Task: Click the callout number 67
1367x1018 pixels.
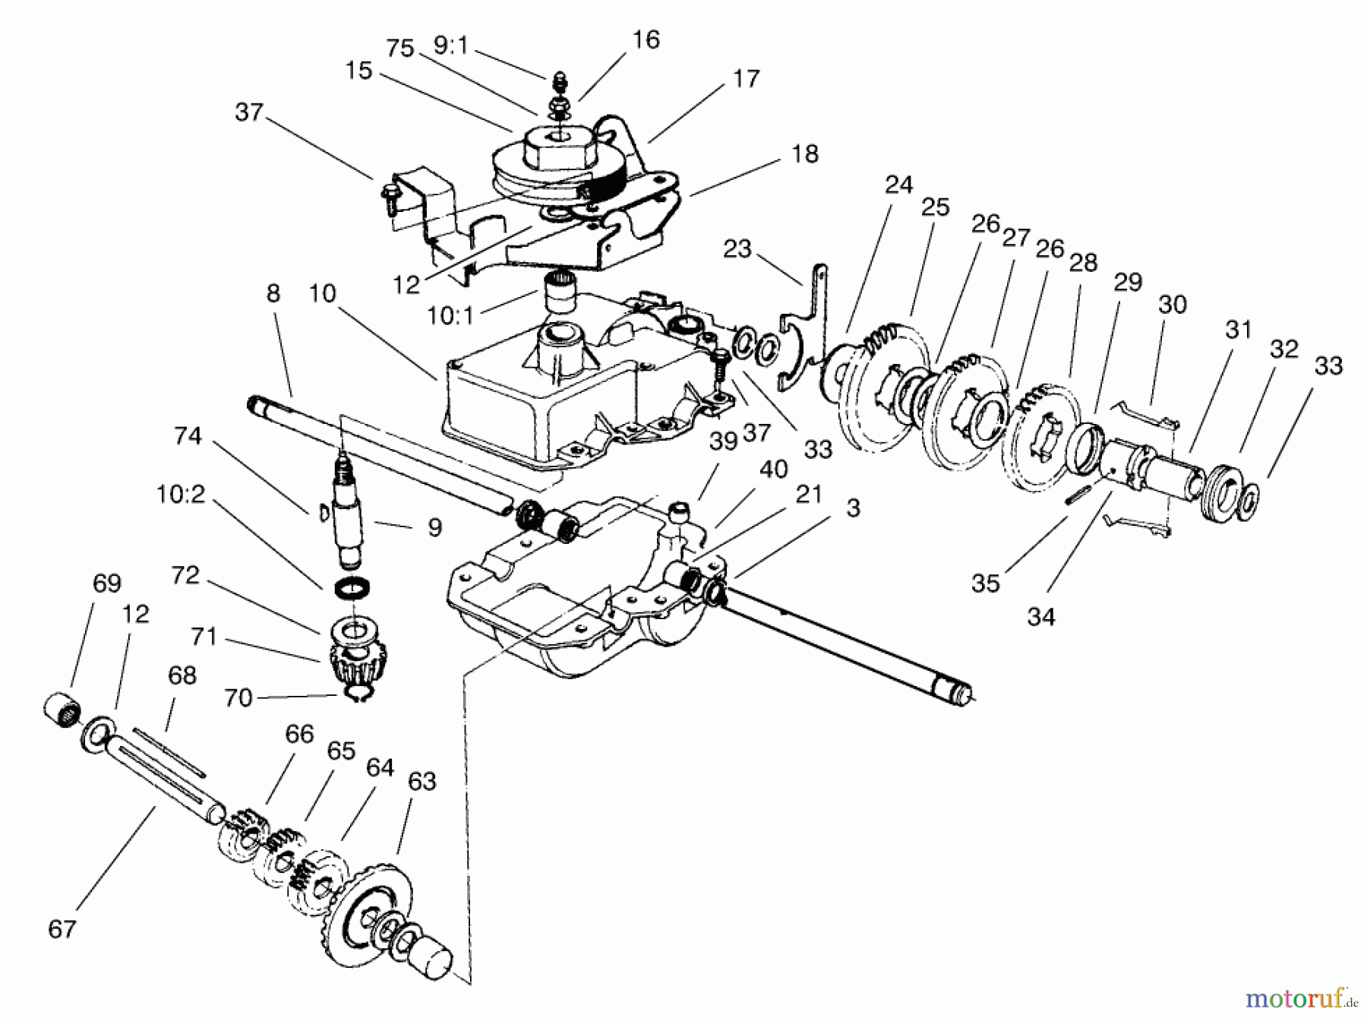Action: tap(62, 928)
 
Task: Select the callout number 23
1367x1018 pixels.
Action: tap(737, 248)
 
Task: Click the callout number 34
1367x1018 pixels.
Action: tap(1041, 616)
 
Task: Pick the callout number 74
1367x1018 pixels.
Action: tap(188, 435)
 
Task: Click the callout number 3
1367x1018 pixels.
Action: tap(853, 507)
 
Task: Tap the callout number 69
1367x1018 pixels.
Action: tap(106, 583)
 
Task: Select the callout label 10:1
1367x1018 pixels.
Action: tap(450, 315)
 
